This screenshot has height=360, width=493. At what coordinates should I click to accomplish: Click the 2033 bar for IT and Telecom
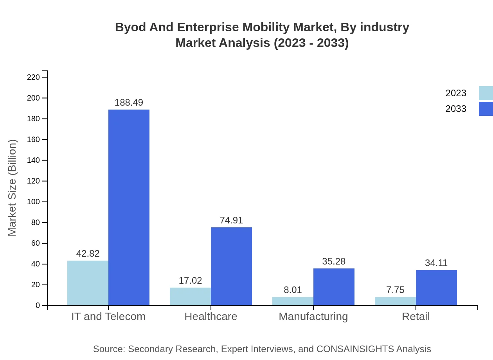[129, 207]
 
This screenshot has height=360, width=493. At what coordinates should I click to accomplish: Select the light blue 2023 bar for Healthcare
[190, 296]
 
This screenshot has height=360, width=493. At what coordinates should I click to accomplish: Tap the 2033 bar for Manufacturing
[334, 287]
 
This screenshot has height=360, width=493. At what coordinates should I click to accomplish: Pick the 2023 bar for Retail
[395, 301]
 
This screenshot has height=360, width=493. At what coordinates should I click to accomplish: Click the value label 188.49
[129, 103]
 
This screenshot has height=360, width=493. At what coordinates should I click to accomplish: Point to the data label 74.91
[231, 220]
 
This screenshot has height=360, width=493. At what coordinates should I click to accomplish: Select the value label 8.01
[293, 290]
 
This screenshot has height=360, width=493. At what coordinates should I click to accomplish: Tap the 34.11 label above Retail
[436, 263]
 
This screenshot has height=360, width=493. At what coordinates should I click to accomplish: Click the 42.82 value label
[88, 254]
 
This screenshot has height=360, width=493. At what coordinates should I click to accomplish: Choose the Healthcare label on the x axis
[211, 316]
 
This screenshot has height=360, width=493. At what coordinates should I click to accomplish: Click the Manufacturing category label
[313, 316]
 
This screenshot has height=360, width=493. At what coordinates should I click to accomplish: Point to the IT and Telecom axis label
[108, 316]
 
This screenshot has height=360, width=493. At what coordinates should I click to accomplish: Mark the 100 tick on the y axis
[33, 202]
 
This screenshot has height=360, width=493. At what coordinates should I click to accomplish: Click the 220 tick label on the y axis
[33, 77]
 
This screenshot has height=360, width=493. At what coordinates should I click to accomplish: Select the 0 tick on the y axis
[38, 306]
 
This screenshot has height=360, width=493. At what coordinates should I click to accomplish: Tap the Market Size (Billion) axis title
[13, 188]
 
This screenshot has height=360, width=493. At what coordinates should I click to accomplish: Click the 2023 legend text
[456, 93]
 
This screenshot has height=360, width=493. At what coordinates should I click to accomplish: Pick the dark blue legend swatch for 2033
[486, 109]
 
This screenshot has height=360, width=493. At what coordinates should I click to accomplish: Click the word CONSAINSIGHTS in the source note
[355, 349]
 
